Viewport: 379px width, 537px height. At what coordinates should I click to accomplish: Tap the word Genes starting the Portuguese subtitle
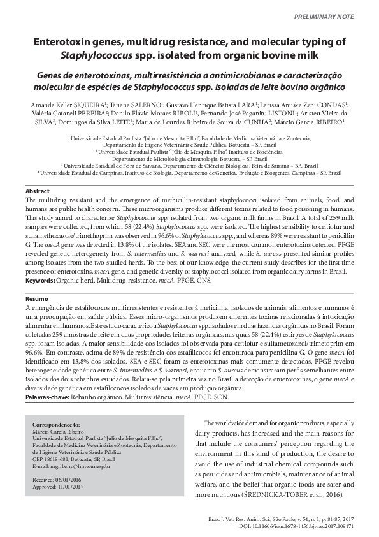tap(53, 73)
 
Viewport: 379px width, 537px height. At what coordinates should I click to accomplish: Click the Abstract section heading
tap(36, 191)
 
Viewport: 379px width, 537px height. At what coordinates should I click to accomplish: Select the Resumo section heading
tap(36, 298)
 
